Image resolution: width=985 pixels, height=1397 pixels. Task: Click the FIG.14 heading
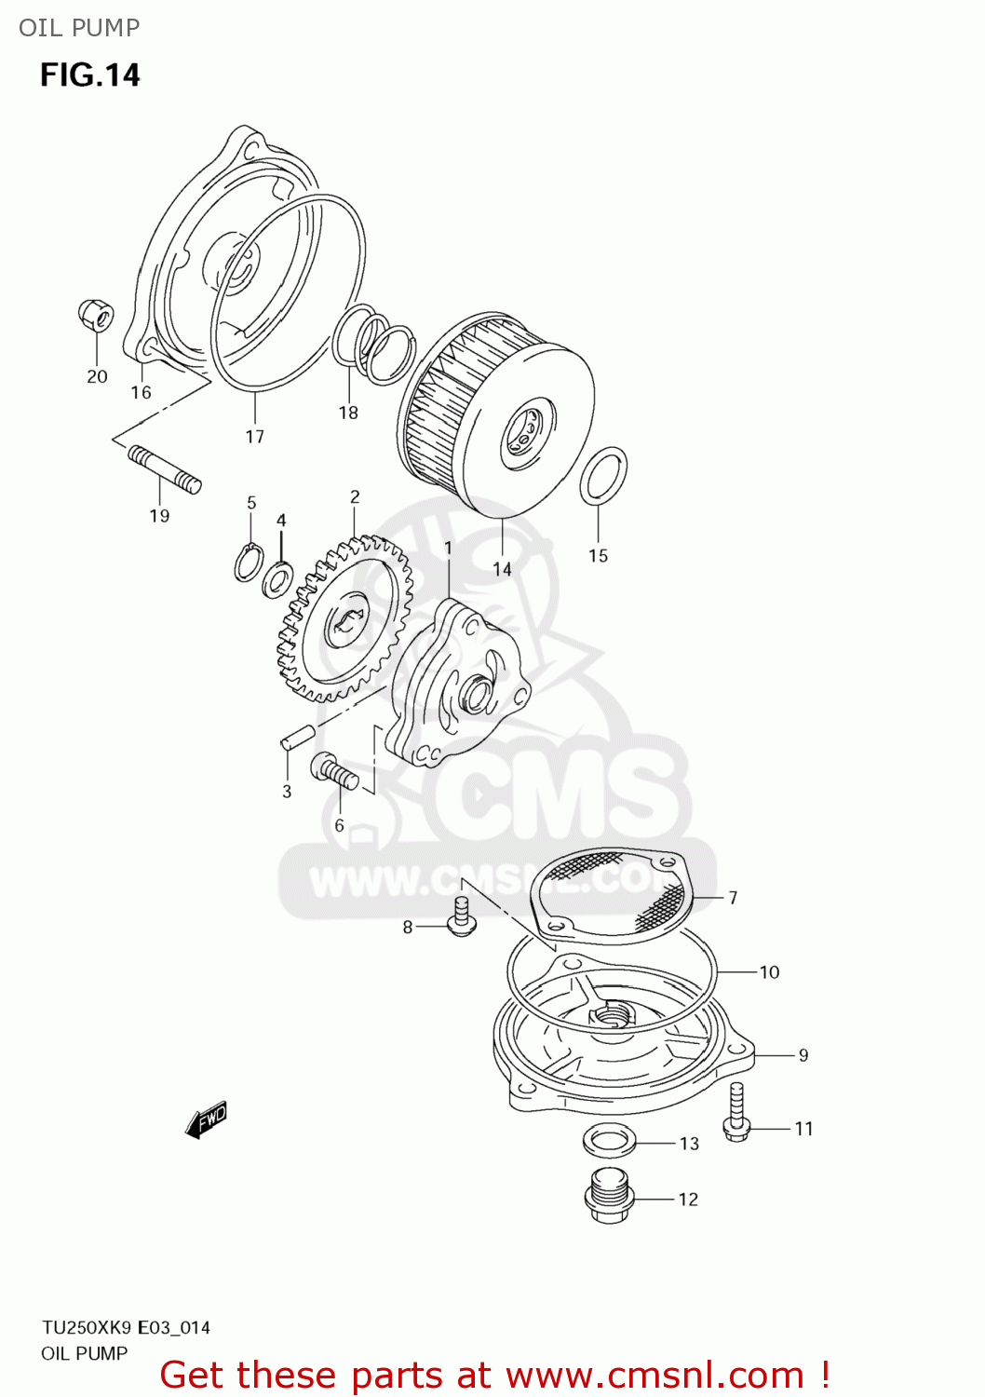[89, 75]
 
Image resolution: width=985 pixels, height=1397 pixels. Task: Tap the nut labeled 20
[96, 315]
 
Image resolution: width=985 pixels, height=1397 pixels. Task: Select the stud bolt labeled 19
[164, 468]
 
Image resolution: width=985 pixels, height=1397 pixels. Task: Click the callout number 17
[254, 436]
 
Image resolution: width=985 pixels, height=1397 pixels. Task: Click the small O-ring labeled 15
[603, 475]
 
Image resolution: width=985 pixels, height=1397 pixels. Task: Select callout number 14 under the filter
[502, 568]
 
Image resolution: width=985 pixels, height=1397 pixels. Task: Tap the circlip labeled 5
[249, 563]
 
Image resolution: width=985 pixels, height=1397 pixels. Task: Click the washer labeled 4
[277, 580]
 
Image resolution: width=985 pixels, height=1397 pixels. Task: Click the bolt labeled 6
[335, 771]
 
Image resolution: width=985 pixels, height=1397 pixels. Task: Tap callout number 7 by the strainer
[733, 898]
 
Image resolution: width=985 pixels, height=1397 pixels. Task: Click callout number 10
[769, 972]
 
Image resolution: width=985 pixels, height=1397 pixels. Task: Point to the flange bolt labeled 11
[736, 1113]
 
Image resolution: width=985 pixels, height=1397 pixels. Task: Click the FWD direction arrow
[207, 1119]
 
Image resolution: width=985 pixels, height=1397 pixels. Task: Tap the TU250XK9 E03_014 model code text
[126, 1327]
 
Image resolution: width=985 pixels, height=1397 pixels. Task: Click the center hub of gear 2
[346, 622]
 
